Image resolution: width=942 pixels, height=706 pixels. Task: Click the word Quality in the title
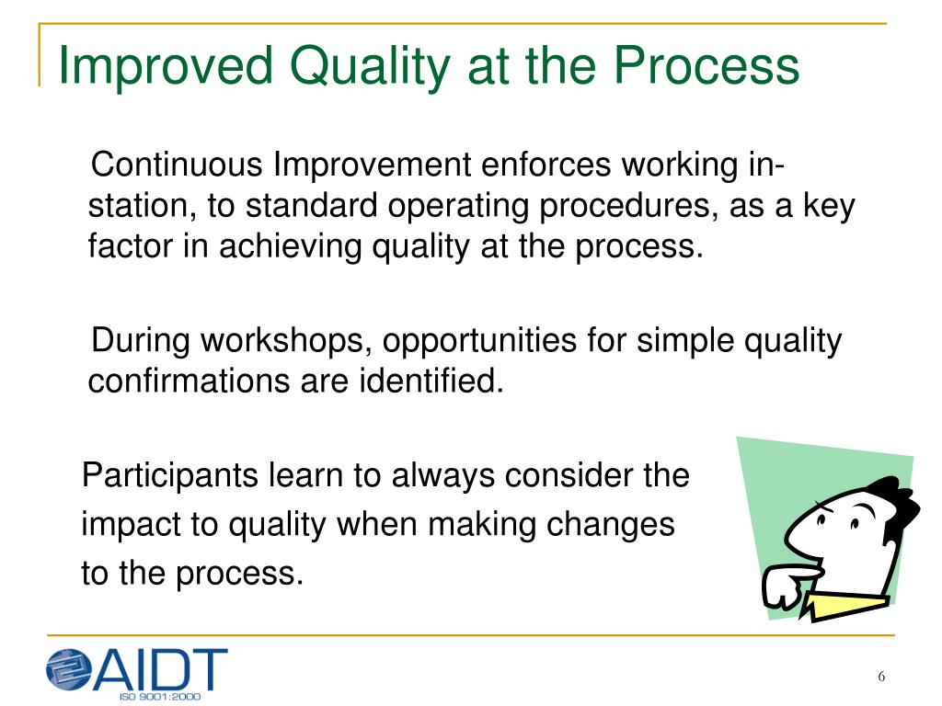370,66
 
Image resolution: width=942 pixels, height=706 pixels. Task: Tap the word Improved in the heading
166,66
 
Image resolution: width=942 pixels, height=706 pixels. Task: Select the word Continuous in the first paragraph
177,165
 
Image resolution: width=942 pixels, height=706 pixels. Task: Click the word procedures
628,207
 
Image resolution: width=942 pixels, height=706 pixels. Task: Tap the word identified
431,381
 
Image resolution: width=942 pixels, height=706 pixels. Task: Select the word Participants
170,476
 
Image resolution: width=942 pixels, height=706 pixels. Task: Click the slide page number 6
881,677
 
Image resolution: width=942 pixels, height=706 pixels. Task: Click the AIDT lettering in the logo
160,669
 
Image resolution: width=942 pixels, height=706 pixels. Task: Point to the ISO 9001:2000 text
160,697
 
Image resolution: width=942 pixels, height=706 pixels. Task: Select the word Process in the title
706,66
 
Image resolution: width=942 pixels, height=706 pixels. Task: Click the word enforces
546,165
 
